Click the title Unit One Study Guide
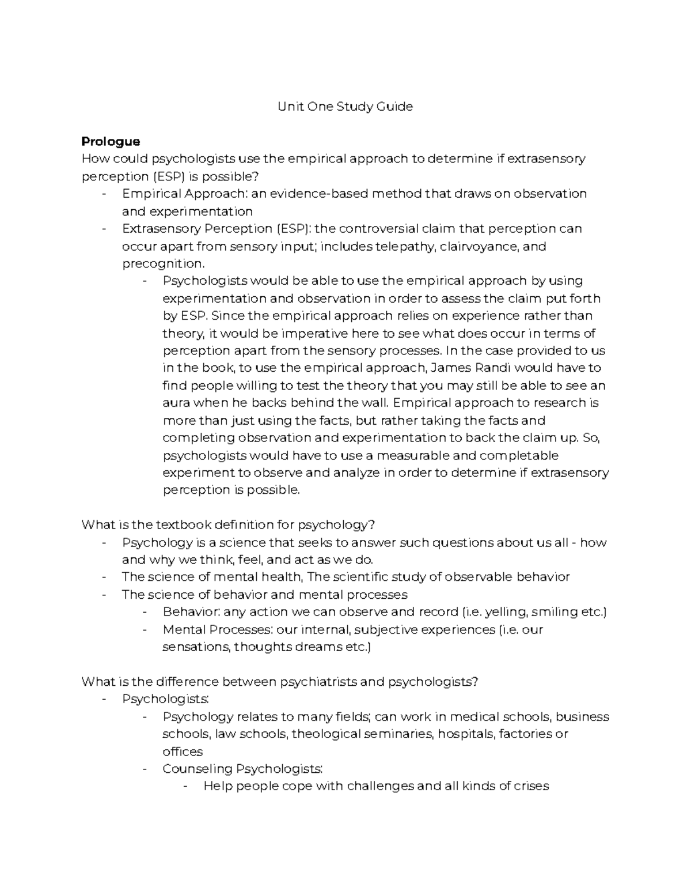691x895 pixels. click(x=345, y=107)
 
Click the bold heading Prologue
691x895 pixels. click(x=111, y=141)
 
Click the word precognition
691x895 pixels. click(x=162, y=264)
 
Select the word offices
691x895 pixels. click(x=183, y=752)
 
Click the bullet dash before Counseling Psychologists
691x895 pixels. click(x=145, y=769)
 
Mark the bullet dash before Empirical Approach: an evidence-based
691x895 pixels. click(x=104, y=194)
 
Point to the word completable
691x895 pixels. click(x=519, y=456)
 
